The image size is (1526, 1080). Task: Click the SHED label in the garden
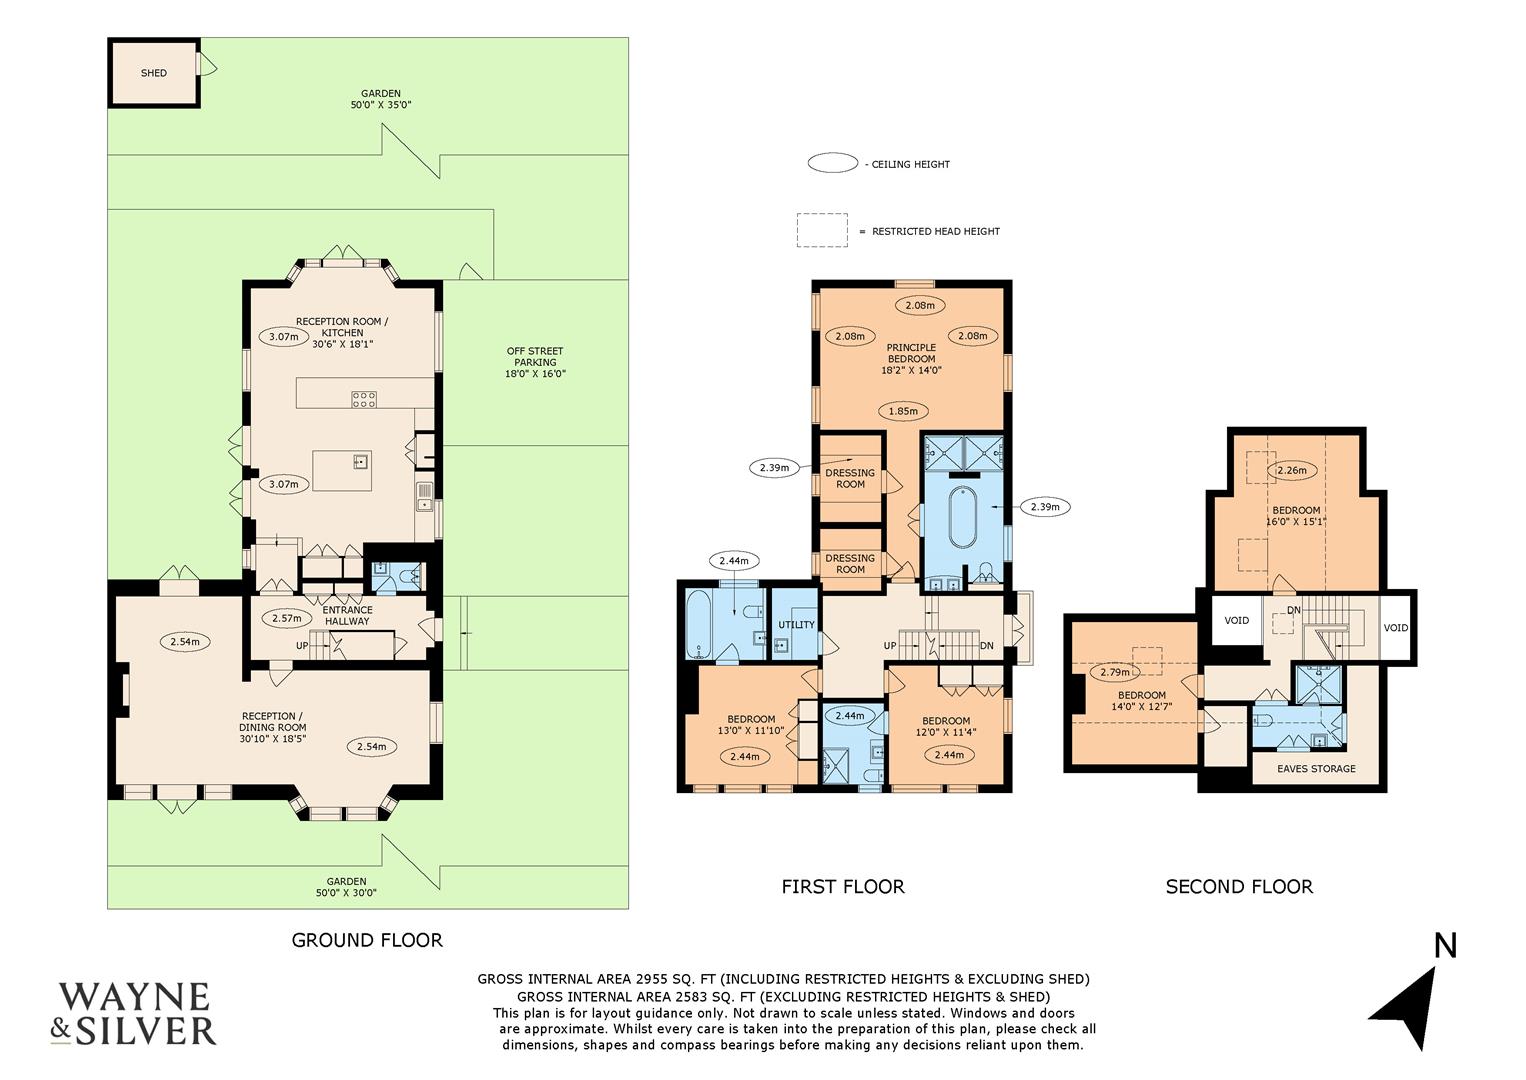click(x=153, y=73)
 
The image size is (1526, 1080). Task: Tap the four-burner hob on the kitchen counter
click(x=364, y=399)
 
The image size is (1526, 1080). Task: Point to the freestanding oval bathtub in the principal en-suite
click(x=963, y=517)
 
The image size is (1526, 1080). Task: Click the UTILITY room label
click(x=796, y=625)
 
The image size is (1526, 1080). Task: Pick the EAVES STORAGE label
click(x=1317, y=768)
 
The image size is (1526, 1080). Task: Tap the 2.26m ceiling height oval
click(x=1292, y=470)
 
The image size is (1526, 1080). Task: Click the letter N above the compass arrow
click(x=1445, y=945)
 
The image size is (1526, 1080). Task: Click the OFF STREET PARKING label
click(x=535, y=362)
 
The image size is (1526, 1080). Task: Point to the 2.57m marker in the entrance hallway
click(x=286, y=618)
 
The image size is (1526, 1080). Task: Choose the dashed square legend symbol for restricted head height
click(x=821, y=230)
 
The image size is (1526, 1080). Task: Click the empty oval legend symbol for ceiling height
click(x=832, y=164)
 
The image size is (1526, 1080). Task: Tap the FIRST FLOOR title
click(x=842, y=886)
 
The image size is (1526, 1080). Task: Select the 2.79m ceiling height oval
click(x=1114, y=672)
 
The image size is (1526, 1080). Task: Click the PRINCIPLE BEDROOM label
click(x=911, y=358)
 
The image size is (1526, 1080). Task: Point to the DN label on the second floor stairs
click(x=1293, y=610)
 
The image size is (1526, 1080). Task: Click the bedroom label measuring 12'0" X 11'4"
click(x=946, y=727)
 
